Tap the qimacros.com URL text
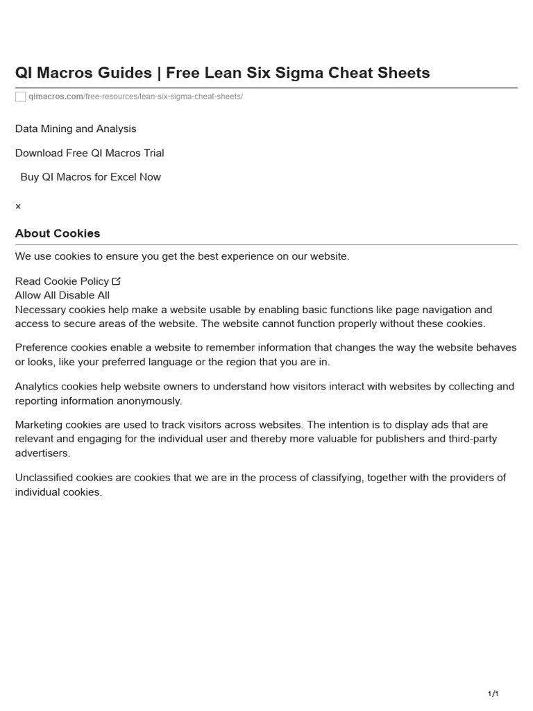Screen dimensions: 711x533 point(56,97)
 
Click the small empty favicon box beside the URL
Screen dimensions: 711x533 point(21,97)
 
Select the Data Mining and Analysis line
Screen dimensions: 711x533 point(76,128)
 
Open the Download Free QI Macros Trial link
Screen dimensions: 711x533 point(90,153)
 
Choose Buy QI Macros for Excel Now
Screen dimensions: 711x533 point(90,177)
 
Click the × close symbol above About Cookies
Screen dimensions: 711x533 point(18,207)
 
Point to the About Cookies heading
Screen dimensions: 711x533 point(58,233)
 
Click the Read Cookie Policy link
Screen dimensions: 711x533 point(62,281)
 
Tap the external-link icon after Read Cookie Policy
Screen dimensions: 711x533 point(116,281)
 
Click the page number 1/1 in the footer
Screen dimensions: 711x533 point(493,694)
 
